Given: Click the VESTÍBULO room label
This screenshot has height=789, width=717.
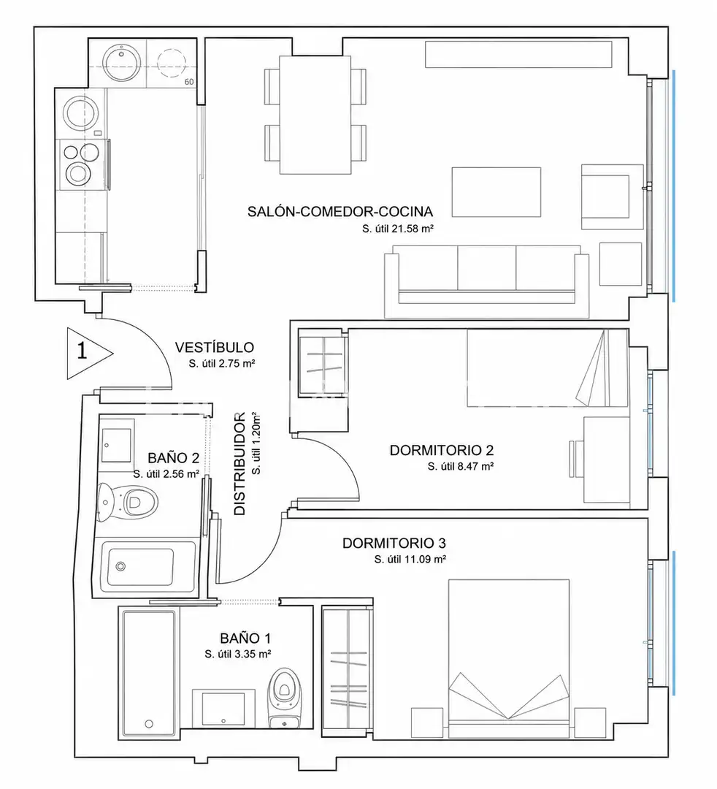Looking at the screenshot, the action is click(x=214, y=347).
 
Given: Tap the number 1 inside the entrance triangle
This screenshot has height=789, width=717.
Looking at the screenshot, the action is click(x=82, y=351).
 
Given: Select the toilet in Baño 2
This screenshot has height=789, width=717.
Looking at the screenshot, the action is click(x=128, y=501).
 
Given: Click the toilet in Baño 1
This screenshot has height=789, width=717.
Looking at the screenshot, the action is click(x=285, y=698).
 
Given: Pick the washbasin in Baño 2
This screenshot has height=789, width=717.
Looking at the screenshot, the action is click(x=117, y=446).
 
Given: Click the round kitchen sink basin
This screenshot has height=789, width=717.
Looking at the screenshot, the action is click(x=120, y=62).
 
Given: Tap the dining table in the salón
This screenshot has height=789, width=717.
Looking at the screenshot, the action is click(x=315, y=115).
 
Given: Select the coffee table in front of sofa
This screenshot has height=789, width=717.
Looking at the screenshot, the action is click(x=496, y=191).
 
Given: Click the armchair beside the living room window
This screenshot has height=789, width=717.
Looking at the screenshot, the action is click(x=613, y=197).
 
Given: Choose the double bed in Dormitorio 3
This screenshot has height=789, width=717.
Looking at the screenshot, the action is click(x=509, y=659).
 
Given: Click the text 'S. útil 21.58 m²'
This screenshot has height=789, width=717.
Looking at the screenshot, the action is click(x=398, y=229).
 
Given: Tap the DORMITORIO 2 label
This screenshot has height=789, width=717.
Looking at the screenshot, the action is click(x=442, y=450).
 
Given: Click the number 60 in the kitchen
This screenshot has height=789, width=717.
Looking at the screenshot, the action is click(x=189, y=82).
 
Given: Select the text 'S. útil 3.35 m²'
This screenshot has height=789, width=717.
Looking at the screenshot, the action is click(x=238, y=654).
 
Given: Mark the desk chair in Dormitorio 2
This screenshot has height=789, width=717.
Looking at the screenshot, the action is click(x=576, y=459).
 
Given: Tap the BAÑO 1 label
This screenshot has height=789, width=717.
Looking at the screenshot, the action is click(x=245, y=639).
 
